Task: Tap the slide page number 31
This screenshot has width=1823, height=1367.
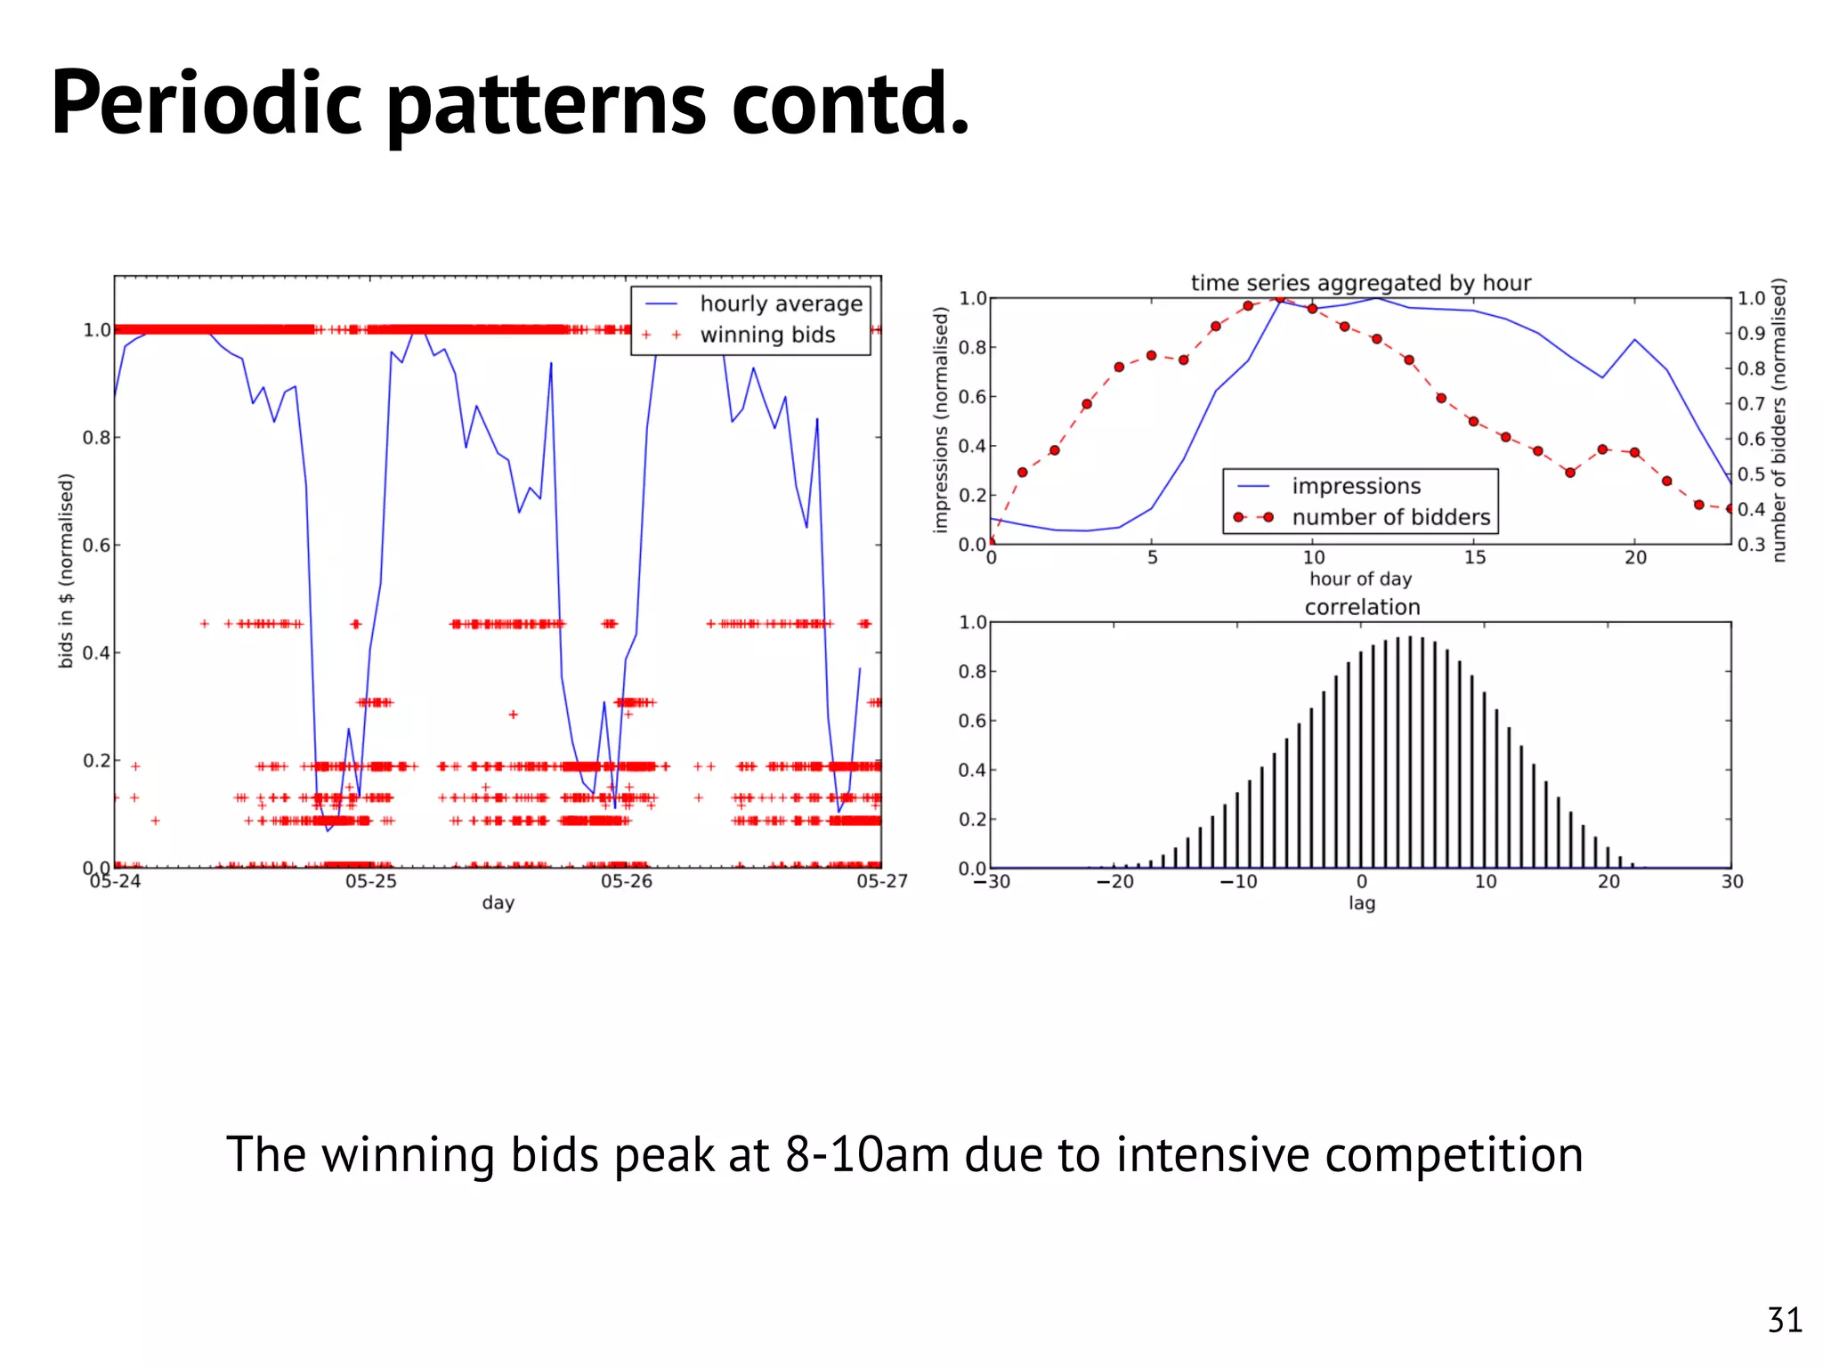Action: pos(1784,1320)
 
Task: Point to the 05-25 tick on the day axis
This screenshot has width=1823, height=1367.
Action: pos(371,881)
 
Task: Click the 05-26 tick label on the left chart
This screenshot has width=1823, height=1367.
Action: pos(627,881)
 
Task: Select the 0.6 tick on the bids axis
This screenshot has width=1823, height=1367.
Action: pos(96,545)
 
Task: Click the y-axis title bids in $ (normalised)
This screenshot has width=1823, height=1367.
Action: pos(66,570)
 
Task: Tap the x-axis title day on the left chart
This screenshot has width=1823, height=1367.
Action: pos(498,902)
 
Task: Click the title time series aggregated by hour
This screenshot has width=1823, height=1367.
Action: pos(1361,283)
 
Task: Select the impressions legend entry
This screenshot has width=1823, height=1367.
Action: pos(1356,486)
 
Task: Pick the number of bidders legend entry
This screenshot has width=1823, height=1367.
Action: pos(1390,517)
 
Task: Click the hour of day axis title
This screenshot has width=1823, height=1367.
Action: pos(1360,578)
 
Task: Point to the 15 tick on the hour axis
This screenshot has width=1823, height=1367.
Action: pos(1474,557)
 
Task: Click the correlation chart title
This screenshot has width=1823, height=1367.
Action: pos(1362,607)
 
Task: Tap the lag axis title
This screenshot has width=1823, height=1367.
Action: pos(1361,903)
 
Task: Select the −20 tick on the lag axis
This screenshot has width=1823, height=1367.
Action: pos(1114,881)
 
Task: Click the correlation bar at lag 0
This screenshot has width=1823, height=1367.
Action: pos(1361,761)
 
